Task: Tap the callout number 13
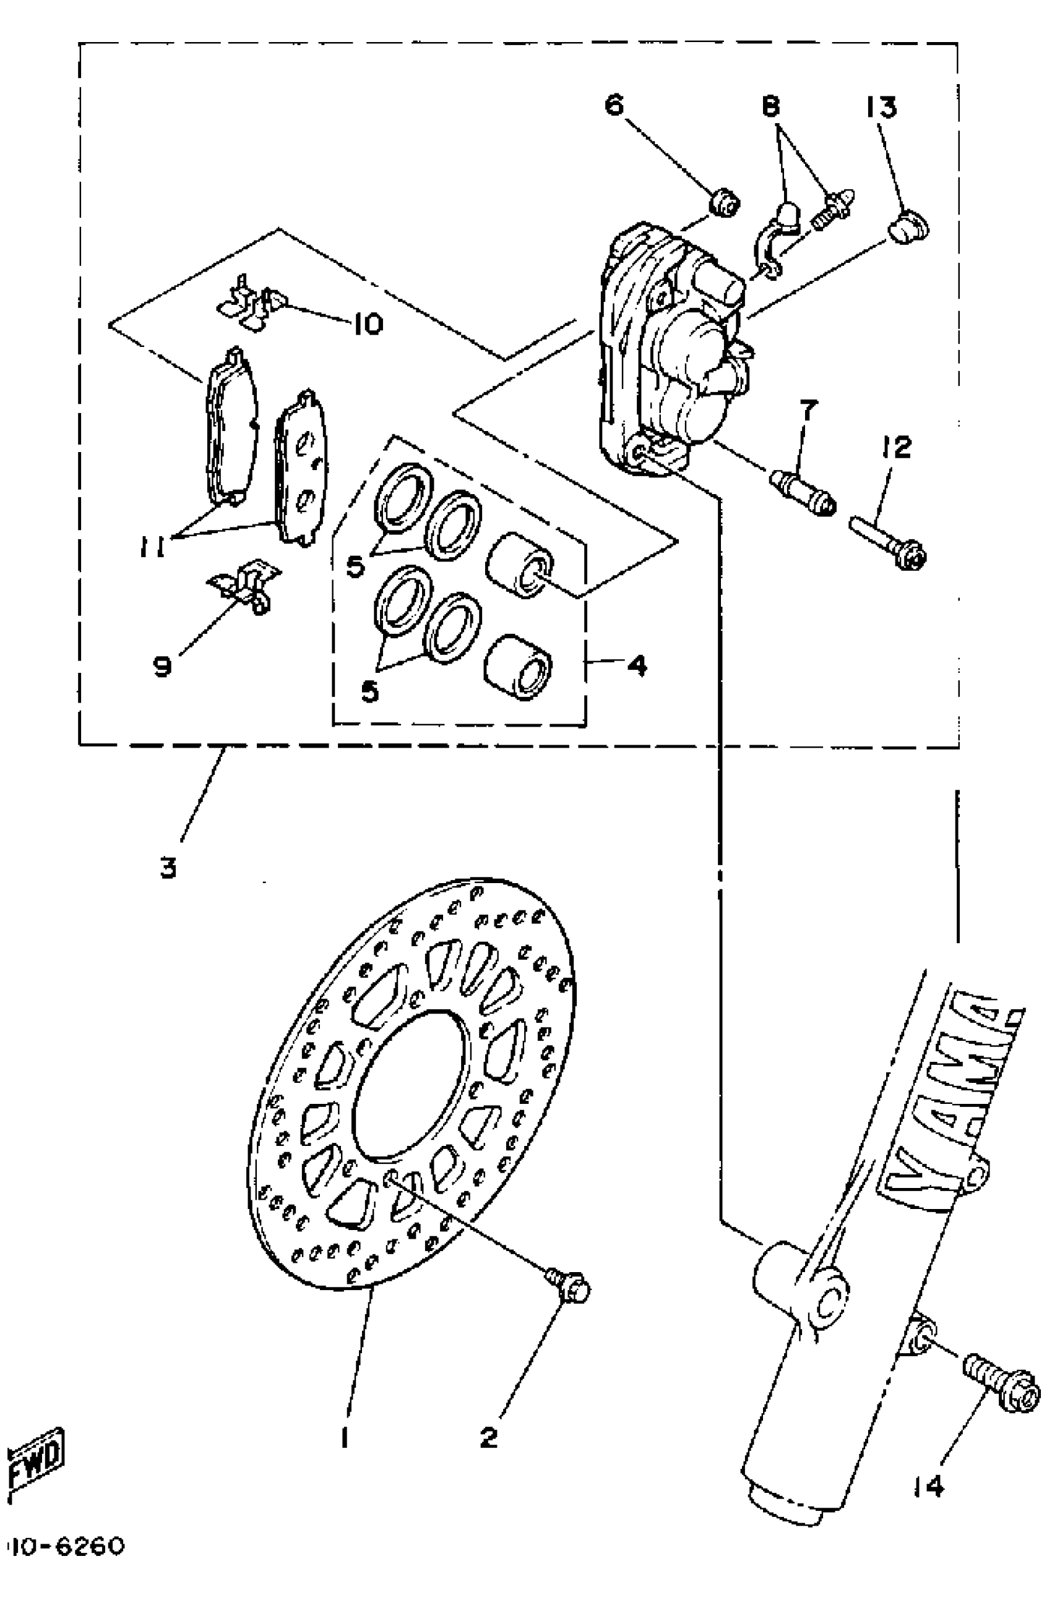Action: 881,108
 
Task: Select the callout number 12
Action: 897,447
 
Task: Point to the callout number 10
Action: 367,324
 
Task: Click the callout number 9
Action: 162,666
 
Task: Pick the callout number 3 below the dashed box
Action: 168,868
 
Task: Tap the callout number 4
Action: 636,665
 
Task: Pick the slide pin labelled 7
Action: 803,492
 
